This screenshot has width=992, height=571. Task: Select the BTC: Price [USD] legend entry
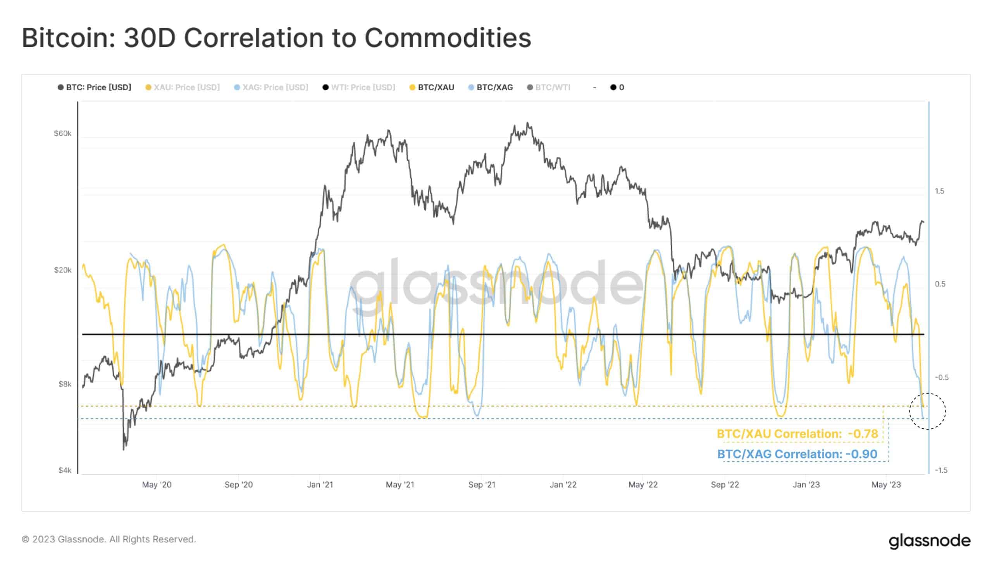[x=95, y=88]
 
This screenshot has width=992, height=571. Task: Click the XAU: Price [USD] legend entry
[x=183, y=88]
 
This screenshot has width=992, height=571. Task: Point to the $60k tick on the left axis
[x=63, y=134]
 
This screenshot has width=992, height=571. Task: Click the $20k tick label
[x=63, y=270]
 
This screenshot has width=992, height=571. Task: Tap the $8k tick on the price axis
[x=65, y=384]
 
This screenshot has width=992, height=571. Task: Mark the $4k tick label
[x=65, y=470]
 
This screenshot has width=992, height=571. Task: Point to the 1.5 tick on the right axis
[x=939, y=191]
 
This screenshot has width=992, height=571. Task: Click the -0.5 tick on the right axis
[x=941, y=377]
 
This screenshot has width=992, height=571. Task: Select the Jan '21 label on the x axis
[x=320, y=485]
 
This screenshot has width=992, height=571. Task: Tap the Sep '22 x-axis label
[x=725, y=485]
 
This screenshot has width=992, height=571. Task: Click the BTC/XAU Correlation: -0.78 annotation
[x=797, y=434]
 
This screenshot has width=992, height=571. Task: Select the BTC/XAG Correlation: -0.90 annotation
[x=797, y=454]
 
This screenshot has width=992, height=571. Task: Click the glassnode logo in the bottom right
[x=929, y=541]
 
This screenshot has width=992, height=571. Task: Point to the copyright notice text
[x=108, y=539]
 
